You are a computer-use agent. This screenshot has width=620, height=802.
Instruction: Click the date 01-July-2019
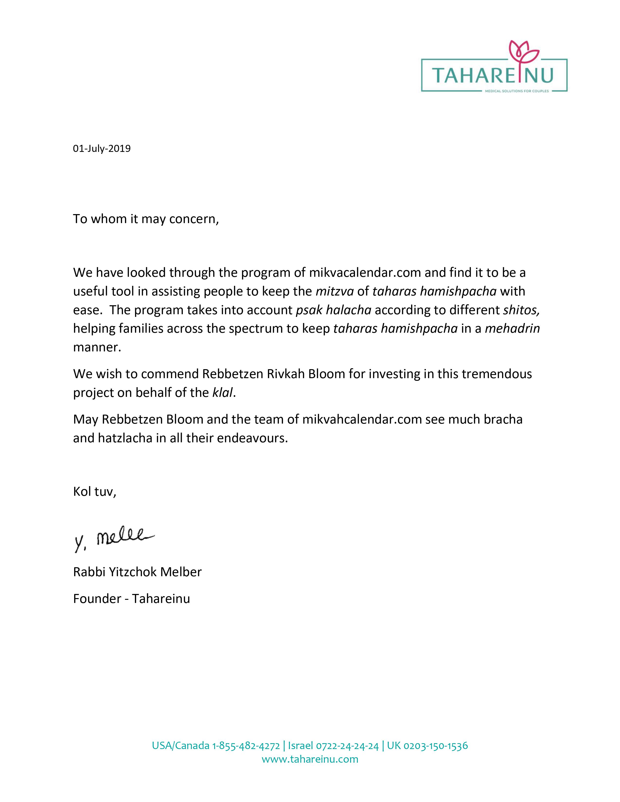pyautogui.click(x=102, y=149)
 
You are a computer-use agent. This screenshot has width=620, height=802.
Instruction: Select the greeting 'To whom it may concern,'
pyautogui.click(x=146, y=219)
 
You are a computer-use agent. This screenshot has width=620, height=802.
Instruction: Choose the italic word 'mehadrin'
pyautogui.click(x=512, y=328)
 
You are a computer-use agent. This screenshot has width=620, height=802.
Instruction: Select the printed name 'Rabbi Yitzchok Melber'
pyautogui.click(x=137, y=572)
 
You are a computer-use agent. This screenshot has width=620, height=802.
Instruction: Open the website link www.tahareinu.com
pyautogui.click(x=310, y=759)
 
